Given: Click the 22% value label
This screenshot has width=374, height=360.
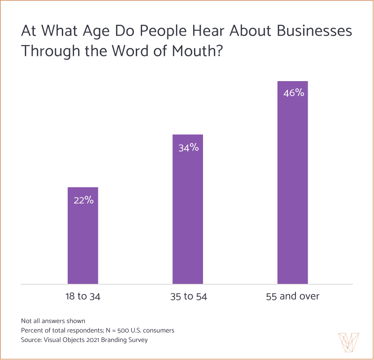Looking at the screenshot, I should point(83,201).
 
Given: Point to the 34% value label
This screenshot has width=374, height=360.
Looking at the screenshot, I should point(188,147).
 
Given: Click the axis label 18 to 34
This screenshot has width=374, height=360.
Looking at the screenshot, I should point(83,296).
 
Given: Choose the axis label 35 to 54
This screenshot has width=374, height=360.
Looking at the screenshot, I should point(188,296).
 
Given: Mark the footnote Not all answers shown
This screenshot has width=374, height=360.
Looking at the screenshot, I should point(53,321).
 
